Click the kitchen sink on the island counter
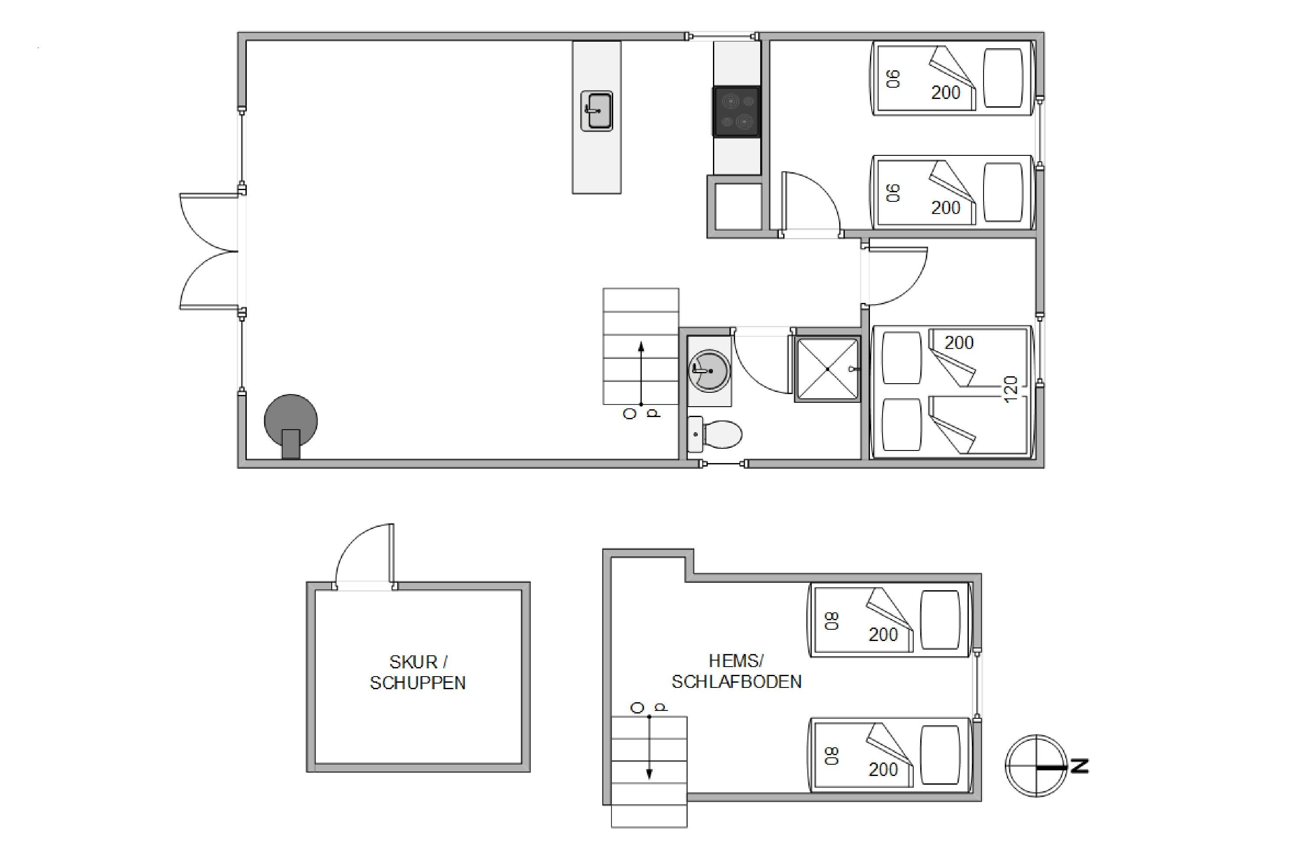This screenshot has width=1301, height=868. pyautogui.click(x=596, y=111)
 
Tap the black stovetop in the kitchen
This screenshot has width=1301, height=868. pyautogui.click(x=736, y=111)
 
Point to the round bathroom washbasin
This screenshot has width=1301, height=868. pyautogui.click(x=709, y=371)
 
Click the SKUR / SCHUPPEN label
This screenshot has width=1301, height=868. pyautogui.click(x=418, y=672)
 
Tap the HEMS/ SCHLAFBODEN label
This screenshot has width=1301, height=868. pyautogui.click(x=736, y=671)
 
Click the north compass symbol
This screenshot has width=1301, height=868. pyautogui.click(x=1036, y=766)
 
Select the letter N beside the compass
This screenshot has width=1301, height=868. pyautogui.click(x=1080, y=766)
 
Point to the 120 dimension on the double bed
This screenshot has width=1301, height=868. pyautogui.click(x=1010, y=390)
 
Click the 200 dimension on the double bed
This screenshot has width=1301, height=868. pyautogui.click(x=958, y=343)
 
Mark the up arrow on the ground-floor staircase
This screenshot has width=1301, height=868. pyautogui.click(x=641, y=374)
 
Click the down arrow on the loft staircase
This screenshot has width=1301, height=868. pyautogui.click(x=649, y=747)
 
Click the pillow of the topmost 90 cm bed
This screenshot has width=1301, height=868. pyautogui.click(x=1002, y=78)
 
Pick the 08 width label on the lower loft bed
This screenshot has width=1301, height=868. pyautogui.click(x=831, y=756)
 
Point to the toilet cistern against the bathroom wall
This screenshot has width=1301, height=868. pyautogui.click(x=695, y=434)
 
